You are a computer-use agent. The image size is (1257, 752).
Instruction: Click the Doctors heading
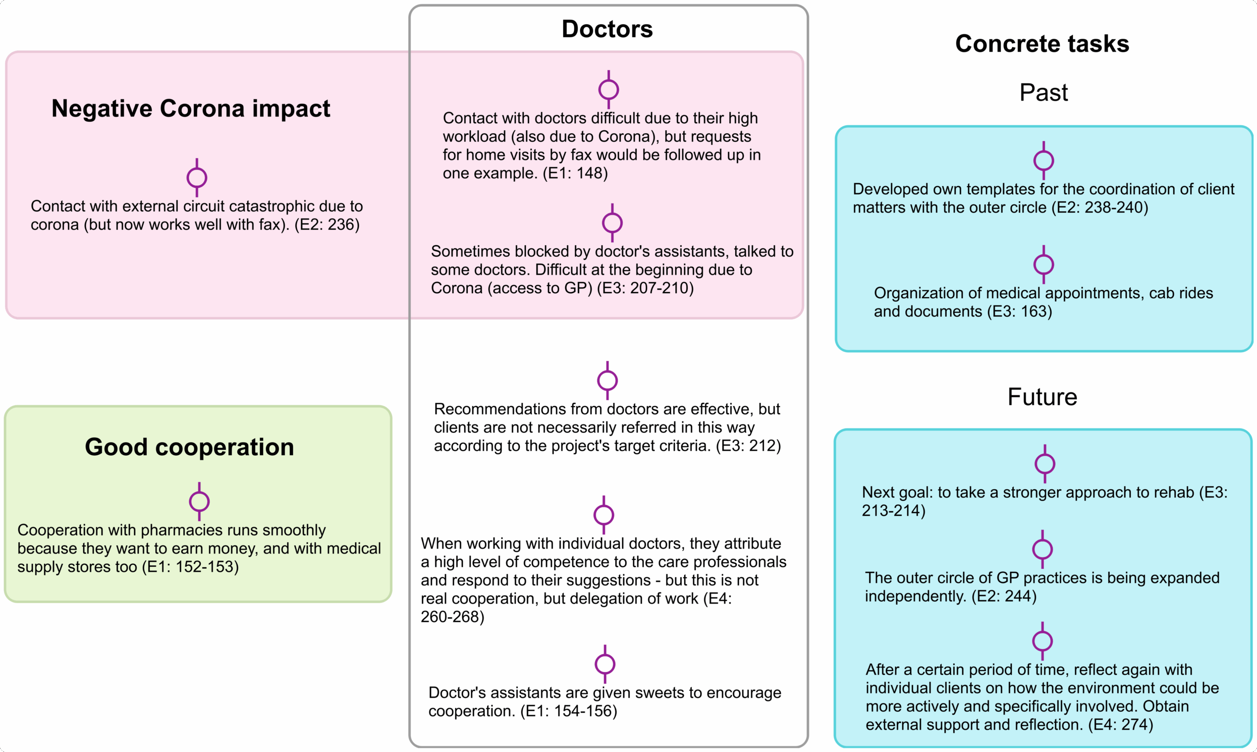pos(607,29)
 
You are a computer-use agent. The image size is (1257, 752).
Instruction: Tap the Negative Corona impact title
pos(191,109)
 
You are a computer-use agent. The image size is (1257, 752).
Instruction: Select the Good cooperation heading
pos(189,447)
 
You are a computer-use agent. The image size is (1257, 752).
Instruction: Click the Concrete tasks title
pos(1042,44)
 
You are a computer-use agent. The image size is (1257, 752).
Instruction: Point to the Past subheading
pos(1043,93)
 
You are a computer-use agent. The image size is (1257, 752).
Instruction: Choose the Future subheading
pos(1042,397)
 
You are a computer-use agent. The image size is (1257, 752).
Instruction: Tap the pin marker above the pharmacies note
pos(199,501)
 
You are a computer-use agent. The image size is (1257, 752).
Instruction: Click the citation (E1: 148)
pos(575,173)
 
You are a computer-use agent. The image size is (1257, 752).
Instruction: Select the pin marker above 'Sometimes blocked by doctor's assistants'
pos(612,223)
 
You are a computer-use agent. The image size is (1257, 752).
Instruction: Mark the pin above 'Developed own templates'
pos(1043,161)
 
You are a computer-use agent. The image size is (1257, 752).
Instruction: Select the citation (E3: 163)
pos(1019,311)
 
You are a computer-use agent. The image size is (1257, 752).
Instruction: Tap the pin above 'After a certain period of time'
pos(1042,641)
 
